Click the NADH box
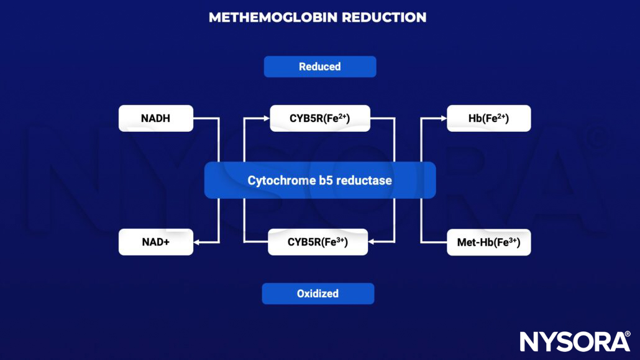coord(155,118)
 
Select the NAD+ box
coord(155,242)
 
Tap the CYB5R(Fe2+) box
coord(320,118)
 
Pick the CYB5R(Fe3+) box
coord(318,242)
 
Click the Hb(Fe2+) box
coord(488,118)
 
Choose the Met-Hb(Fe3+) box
coord(488,242)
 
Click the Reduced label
coord(319,67)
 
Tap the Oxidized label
coord(318,293)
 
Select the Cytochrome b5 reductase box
coord(319,180)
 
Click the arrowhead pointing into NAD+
coord(198,242)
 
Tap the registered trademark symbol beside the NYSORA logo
coord(627,334)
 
